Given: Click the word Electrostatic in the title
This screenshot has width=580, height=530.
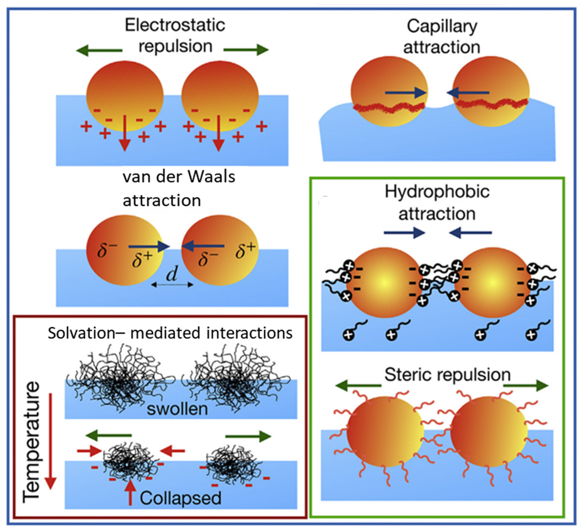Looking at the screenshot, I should [x=175, y=25].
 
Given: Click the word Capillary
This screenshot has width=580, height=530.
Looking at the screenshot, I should [x=442, y=27].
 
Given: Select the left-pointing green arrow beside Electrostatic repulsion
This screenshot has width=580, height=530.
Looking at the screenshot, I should [x=99, y=51].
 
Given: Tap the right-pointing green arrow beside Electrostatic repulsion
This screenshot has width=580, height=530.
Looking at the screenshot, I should [x=246, y=50].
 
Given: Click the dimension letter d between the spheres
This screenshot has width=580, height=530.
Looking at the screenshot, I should [x=172, y=274].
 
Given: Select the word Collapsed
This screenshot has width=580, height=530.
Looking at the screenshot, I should [x=180, y=498].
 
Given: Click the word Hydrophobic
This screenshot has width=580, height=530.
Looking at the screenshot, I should [x=437, y=192].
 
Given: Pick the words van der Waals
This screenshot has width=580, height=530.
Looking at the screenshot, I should [x=179, y=177].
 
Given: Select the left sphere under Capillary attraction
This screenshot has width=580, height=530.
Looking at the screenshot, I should [x=389, y=91].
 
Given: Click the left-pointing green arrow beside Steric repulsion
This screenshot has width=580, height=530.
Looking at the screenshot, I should [x=358, y=386].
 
